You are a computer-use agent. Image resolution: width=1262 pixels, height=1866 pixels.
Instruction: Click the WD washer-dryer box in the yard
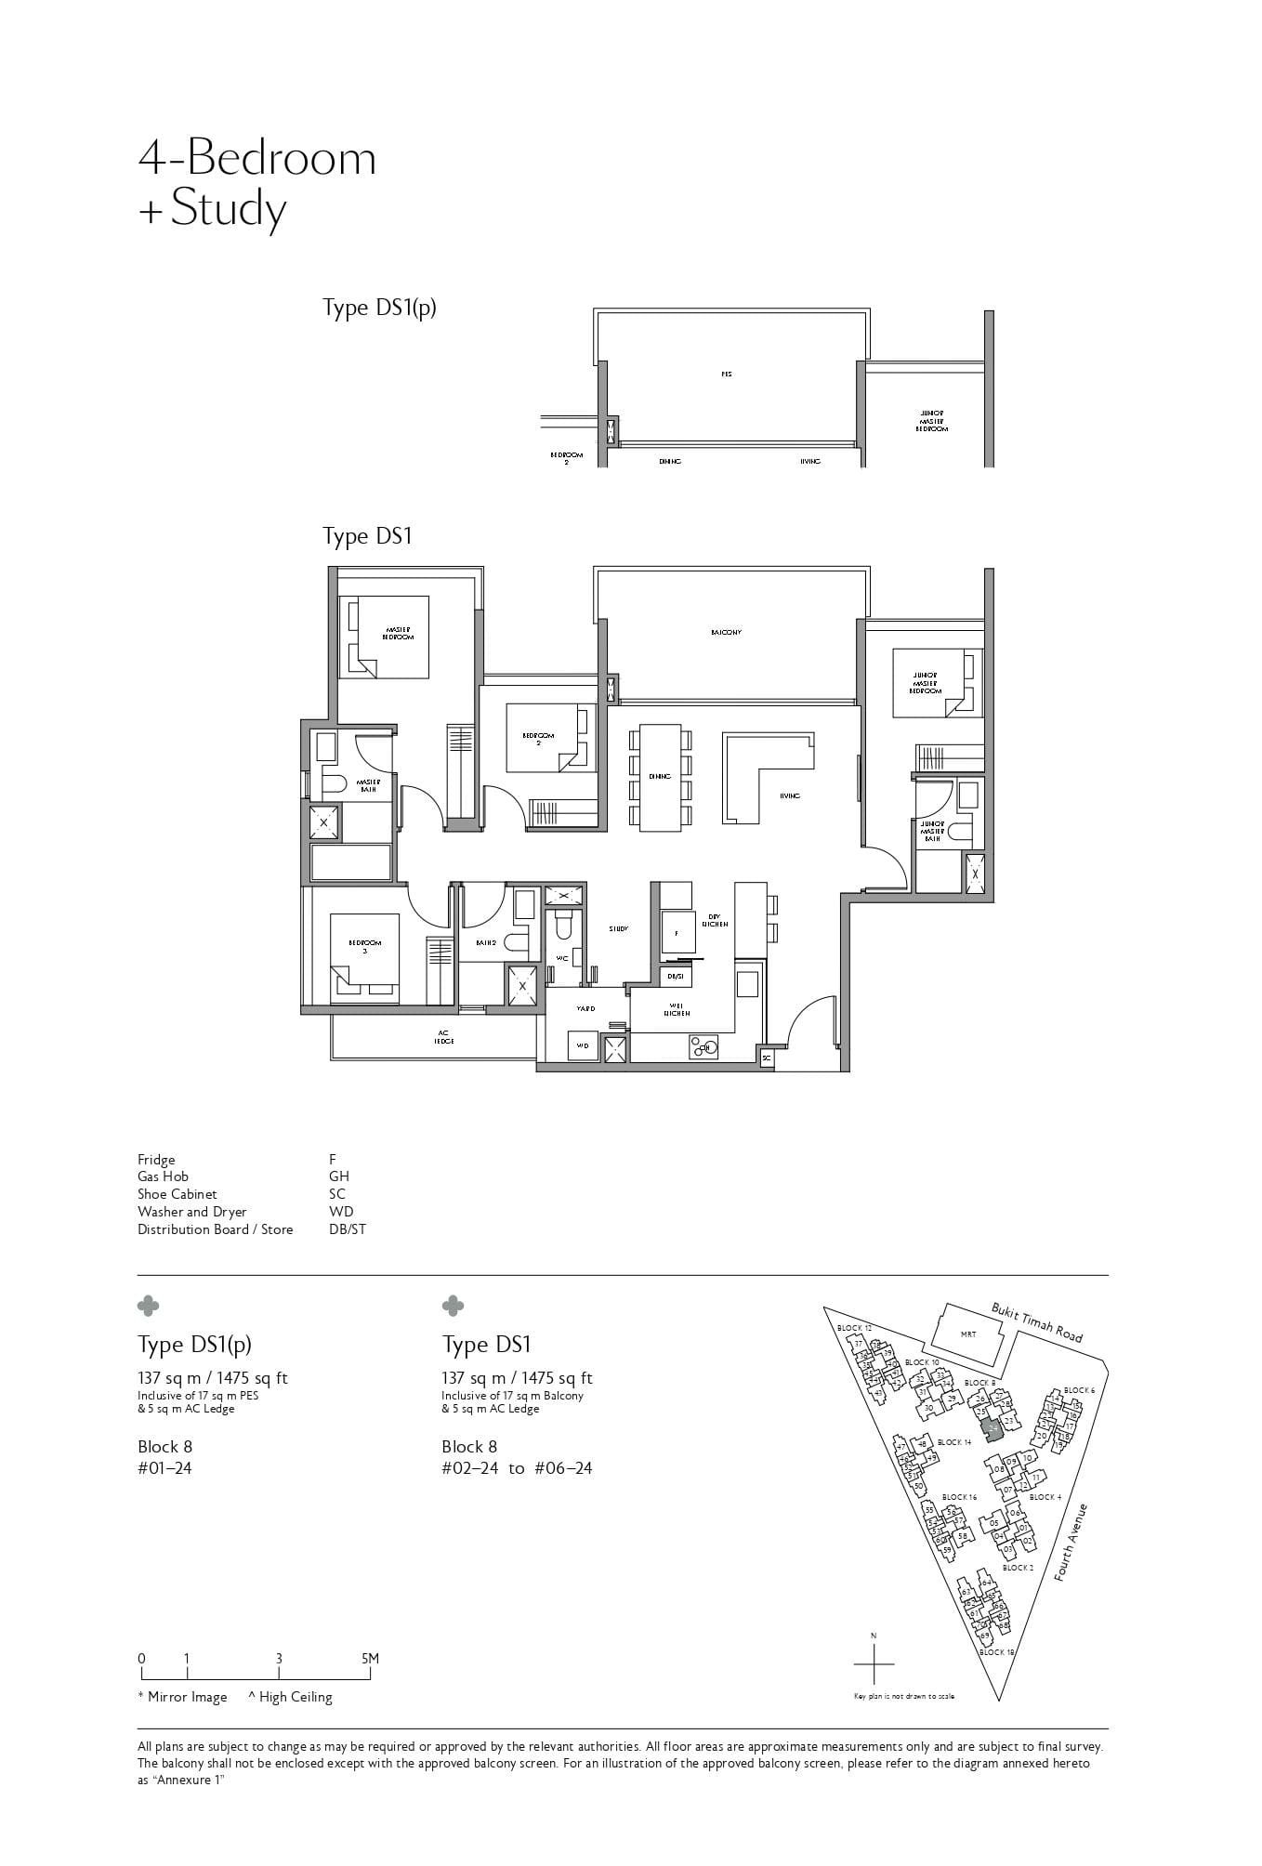pyautogui.click(x=583, y=1045)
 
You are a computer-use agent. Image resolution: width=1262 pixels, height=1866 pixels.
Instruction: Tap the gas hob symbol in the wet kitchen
pyautogui.click(x=702, y=1048)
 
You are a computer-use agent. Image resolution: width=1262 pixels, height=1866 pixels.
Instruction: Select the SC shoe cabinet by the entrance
pyautogui.click(x=766, y=1058)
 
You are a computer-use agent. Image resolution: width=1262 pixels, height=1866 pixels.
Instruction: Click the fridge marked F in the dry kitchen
pyautogui.click(x=677, y=932)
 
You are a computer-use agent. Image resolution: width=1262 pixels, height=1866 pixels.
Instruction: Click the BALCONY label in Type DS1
pyautogui.click(x=726, y=632)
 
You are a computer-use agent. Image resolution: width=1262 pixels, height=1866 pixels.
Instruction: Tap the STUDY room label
pyautogui.click(x=618, y=928)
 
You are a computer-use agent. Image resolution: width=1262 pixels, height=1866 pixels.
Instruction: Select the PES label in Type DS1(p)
pyautogui.click(x=726, y=375)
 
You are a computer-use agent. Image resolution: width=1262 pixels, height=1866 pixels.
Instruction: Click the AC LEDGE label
pyautogui.click(x=443, y=1037)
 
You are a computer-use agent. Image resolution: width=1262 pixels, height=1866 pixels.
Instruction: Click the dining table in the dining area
pyautogui.click(x=660, y=777)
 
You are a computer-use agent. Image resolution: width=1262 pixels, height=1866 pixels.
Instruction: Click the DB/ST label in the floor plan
pyautogui.click(x=676, y=977)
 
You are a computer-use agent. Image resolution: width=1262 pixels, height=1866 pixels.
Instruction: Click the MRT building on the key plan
pyautogui.click(x=967, y=1334)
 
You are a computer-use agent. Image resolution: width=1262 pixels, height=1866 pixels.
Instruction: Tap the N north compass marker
pyautogui.click(x=873, y=1635)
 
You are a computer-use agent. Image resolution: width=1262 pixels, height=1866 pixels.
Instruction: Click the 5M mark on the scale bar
pyautogui.click(x=370, y=1659)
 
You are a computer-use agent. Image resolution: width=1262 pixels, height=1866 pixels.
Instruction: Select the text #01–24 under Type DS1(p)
pyautogui.click(x=164, y=1468)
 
